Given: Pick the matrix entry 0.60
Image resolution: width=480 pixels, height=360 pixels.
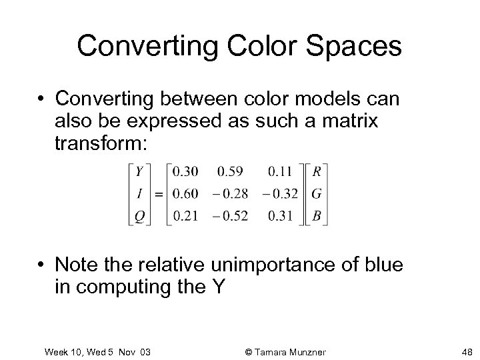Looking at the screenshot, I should click(185, 193).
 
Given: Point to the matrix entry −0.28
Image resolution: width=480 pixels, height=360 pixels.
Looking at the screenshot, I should click(231, 193).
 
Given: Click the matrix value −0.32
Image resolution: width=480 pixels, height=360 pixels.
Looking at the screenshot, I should click(279, 193).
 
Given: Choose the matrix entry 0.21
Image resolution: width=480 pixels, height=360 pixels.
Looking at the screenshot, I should click(185, 216).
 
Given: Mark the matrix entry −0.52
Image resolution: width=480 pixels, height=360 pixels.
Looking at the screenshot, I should click(231, 216).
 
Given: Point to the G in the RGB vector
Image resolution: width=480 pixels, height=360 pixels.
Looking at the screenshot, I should click(317, 193).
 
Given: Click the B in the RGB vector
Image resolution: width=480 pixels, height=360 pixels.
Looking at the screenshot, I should click(317, 216).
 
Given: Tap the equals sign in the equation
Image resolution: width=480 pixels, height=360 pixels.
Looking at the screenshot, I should click(159, 194).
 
